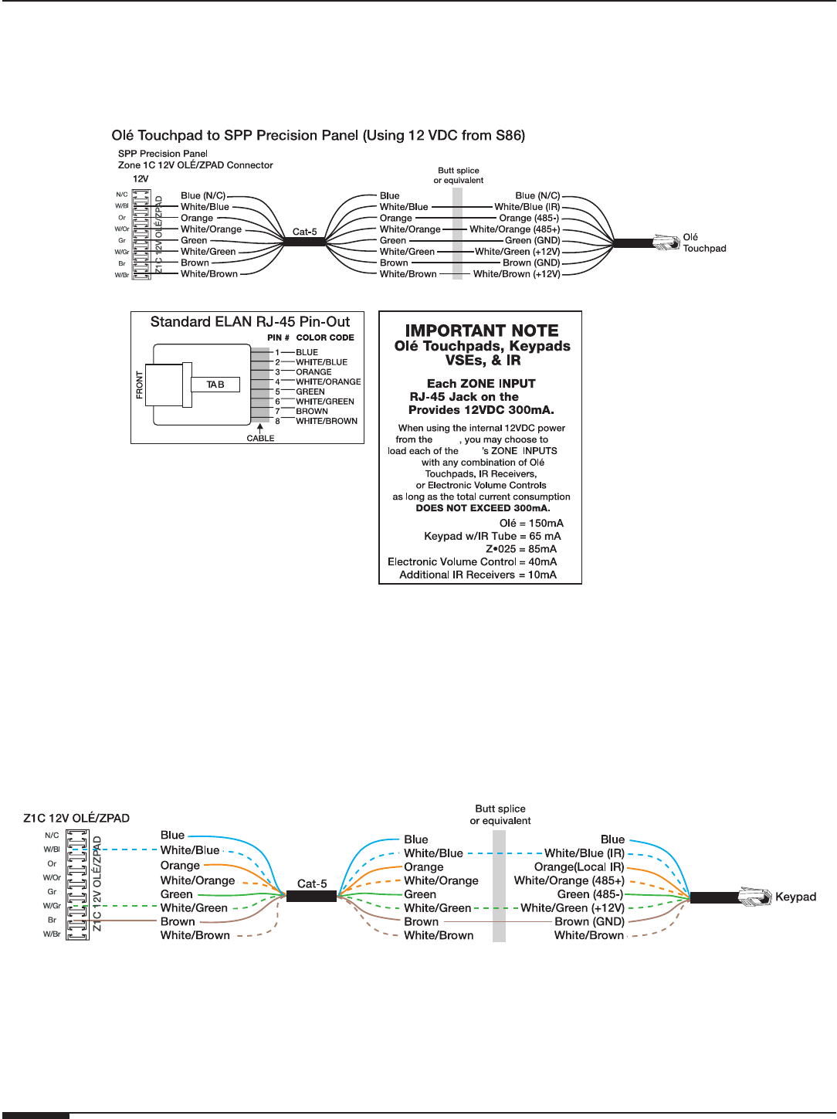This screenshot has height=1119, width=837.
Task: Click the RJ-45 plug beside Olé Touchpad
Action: point(666,242)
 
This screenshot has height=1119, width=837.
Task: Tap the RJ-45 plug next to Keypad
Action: point(755,897)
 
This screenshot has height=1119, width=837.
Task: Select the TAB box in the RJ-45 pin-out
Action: point(215,385)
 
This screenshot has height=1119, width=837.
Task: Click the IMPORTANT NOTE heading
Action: point(482,331)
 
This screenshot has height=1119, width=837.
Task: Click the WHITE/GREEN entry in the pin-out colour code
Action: point(325,402)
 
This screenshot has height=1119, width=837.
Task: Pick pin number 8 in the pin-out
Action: point(278,422)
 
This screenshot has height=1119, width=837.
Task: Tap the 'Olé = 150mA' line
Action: point(531,524)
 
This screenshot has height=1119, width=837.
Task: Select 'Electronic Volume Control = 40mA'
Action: point(472,562)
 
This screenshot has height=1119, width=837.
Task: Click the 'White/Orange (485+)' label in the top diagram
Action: point(514,229)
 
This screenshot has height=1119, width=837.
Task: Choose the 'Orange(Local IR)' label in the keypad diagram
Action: point(579,867)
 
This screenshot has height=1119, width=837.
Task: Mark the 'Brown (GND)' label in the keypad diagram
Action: point(589,922)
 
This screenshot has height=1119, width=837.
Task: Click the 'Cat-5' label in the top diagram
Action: point(304,232)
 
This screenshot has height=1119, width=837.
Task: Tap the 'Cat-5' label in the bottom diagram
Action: point(312,884)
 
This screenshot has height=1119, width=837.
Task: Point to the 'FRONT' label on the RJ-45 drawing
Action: point(140,385)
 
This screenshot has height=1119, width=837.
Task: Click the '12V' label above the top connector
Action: point(141,179)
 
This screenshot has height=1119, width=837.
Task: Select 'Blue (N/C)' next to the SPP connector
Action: point(203,196)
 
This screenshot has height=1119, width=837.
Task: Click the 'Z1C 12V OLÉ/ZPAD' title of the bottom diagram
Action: point(76,819)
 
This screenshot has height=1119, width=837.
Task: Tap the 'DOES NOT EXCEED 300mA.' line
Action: point(483,508)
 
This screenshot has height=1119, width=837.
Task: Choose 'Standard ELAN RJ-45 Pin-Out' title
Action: point(250,322)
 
